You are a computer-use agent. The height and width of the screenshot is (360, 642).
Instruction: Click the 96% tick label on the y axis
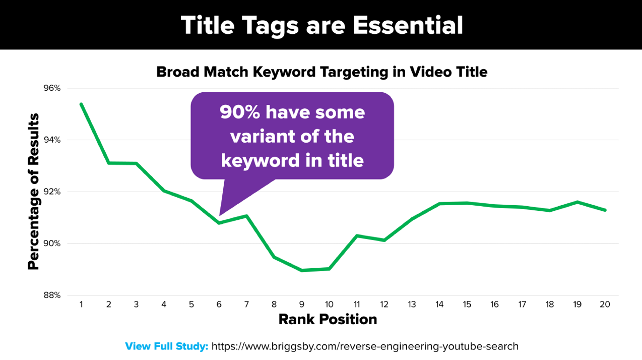click(52, 88)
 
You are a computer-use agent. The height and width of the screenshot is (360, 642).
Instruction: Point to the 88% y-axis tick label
click(52, 295)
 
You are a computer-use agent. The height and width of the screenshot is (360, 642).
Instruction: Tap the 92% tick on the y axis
click(52, 192)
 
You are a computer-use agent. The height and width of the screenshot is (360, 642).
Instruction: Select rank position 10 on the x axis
click(329, 305)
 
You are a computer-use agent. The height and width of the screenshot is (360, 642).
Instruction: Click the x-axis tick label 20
click(605, 305)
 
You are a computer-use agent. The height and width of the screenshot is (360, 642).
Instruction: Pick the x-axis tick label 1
click(81, 305)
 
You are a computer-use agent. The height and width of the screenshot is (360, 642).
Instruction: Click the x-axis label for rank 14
click(439, 305)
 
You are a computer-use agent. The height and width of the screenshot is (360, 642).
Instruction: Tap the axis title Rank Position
click(328, 320)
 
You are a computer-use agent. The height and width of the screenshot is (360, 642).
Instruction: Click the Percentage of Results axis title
click(33, 191)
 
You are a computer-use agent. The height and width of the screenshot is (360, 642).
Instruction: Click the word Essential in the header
click(408, 25)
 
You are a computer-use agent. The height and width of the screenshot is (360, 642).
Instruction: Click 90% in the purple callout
click(240, 112)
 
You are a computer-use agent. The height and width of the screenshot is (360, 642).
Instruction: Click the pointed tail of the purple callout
click(220, 215)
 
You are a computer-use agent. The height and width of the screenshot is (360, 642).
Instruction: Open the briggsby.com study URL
click(365, 346)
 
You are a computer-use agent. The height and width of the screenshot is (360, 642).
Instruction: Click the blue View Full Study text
click(166, 346)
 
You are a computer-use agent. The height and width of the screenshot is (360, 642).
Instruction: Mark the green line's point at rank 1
click(81, 104)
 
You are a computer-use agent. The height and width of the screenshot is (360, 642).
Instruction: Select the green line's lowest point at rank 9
click(302, 270)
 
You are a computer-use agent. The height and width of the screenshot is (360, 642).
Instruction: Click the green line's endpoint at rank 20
click(605, 210)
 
